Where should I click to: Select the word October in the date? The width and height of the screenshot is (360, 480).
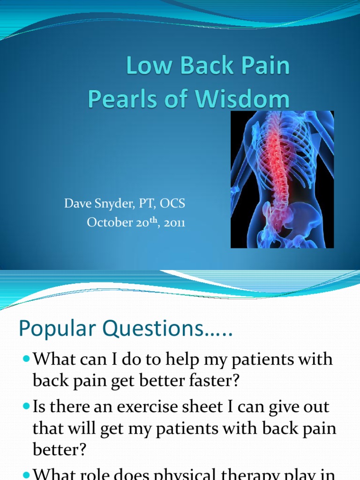click(108, 223)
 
